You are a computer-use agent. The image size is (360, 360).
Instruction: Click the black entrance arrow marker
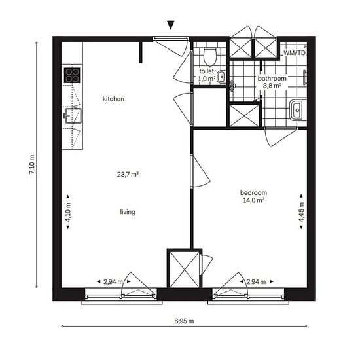(x=171, y=26)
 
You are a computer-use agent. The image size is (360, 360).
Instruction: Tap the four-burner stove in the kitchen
(x=72, y=75)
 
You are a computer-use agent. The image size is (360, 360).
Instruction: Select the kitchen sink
(x=73, y=116)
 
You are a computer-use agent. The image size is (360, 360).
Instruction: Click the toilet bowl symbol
(x=210, y=56)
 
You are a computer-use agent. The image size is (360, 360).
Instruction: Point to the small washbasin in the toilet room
(x=221, y=77)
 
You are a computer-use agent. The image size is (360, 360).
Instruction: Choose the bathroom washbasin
(x=298, y=110)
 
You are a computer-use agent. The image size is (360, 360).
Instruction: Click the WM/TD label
(x=295, y=53)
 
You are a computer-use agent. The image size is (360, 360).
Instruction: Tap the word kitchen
(x=113, y=99)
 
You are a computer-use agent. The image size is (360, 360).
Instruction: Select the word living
(x=128, y=212)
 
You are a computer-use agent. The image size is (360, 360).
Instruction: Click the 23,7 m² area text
(x=128, y=175)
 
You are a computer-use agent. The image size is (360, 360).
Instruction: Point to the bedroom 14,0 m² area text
(x=253, y=200)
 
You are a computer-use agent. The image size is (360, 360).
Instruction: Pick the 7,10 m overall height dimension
(x=32, y=164)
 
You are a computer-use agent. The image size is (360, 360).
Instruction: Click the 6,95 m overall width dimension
(x=184, y=321)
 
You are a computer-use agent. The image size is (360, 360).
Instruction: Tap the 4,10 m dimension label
(x=68, y=212)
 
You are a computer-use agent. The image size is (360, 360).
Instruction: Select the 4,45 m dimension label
(x=302, y=212)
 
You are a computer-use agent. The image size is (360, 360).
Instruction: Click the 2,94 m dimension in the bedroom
(x=256, y=281)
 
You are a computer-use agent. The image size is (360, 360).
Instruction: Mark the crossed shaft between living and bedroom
(x=185, y=269)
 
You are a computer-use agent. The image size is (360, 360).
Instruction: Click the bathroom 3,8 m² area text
(x=272, y=86)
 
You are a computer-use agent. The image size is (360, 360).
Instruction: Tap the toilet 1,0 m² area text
(x=207, y=79)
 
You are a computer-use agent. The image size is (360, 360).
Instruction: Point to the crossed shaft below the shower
(x=244, y=115)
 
